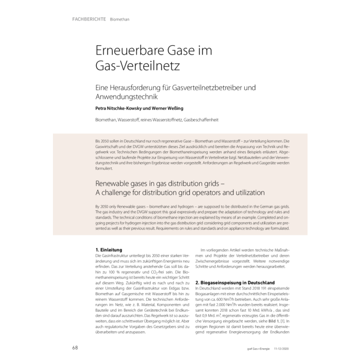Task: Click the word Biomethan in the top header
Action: [120, 20]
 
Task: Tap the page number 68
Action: [75, 347]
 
